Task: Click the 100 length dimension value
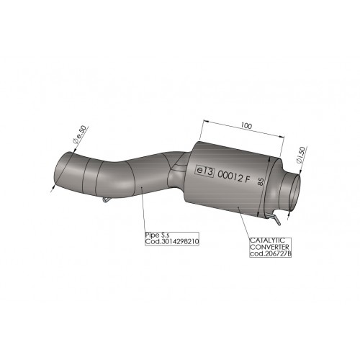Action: click(x=246, y=125)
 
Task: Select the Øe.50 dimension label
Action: click(x=79, y=135)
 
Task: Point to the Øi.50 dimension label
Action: click(x=301, y=155)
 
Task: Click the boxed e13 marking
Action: click(x=204, y=171)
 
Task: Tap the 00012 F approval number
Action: click(x=233, y=176)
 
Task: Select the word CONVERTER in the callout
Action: click(x=269, y=247)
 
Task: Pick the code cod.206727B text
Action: click(x=271, y=253)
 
